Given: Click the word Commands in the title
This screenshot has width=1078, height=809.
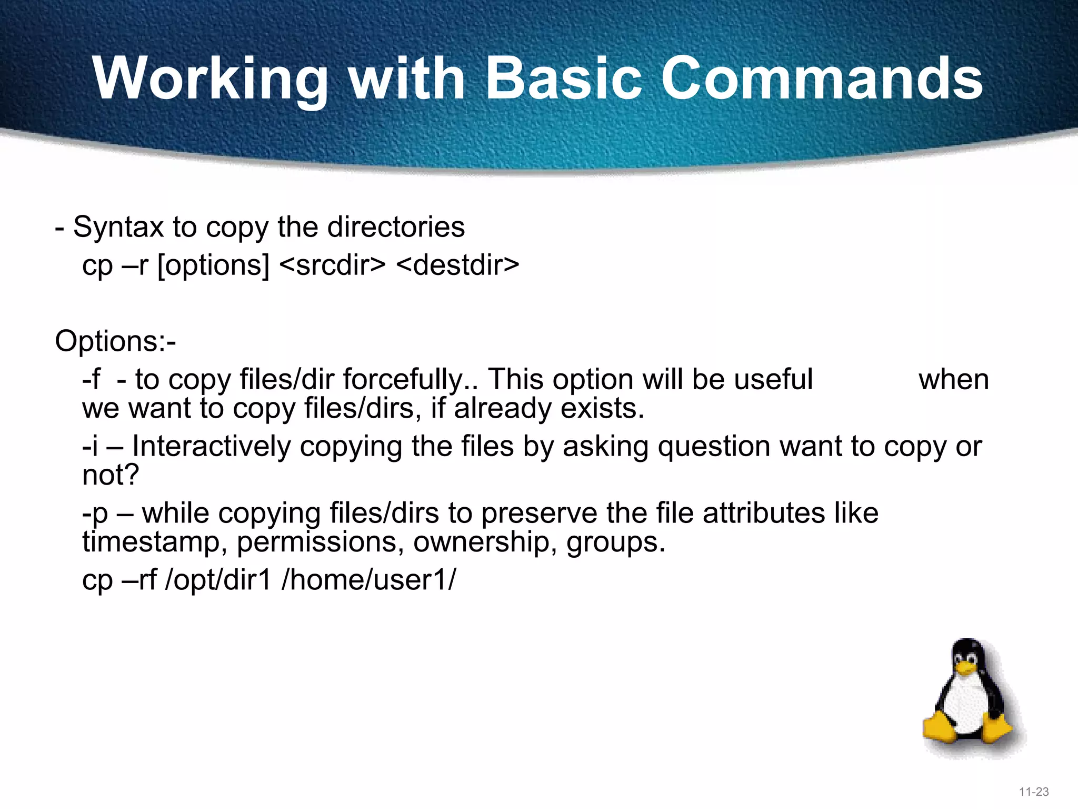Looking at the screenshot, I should (821, 79).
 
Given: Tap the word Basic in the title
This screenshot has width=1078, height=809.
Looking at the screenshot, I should (563, 79).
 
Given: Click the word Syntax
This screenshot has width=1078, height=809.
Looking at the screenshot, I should (118, 228).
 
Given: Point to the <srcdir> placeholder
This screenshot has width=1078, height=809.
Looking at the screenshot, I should (333, 265).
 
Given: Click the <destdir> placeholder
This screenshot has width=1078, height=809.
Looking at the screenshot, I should (457, 265).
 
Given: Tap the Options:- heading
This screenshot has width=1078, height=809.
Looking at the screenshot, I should (115, 341).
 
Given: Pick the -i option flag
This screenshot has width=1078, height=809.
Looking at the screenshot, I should (90, 447).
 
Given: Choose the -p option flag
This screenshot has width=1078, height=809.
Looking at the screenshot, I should (95, 514).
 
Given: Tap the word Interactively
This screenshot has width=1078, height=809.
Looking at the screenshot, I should (211, 447).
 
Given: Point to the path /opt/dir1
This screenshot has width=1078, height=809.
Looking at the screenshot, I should (218, 580).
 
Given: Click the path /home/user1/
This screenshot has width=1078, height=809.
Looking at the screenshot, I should (369, 580).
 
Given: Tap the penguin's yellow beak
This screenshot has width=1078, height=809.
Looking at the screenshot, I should (966, 668).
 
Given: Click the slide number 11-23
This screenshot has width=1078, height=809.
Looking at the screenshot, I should (1034, 792).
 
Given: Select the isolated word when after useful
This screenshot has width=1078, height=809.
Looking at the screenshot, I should (953, 380).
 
